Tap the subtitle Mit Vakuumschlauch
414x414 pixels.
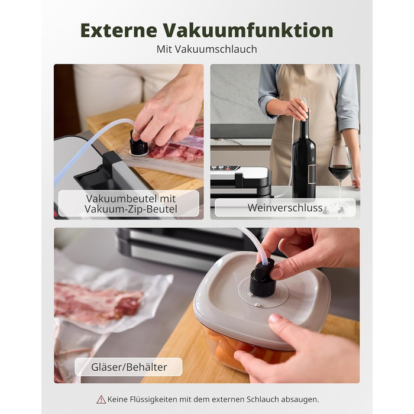coord(206,49)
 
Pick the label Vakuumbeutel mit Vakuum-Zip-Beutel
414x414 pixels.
coord(128,203)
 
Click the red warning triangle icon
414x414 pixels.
coord(101,399)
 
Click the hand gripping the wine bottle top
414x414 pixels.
coord(295,108)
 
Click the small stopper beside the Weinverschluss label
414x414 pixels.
coord(341,208)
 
